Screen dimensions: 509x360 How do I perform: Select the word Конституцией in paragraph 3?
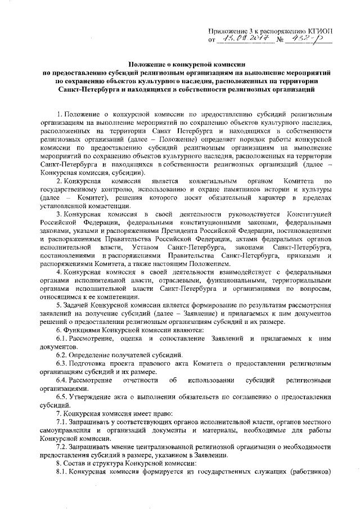[x=311, y=215]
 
